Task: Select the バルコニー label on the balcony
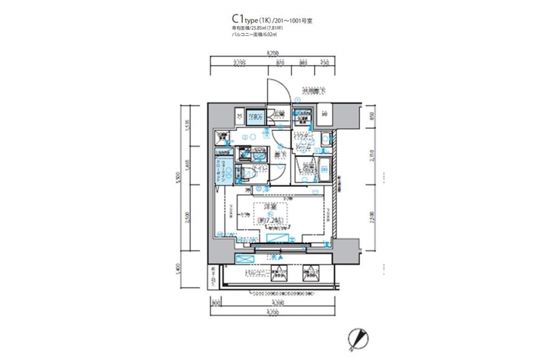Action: coord(256,273)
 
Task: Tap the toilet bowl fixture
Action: coord(250,174)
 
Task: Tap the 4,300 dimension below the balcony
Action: coord(276,303)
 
